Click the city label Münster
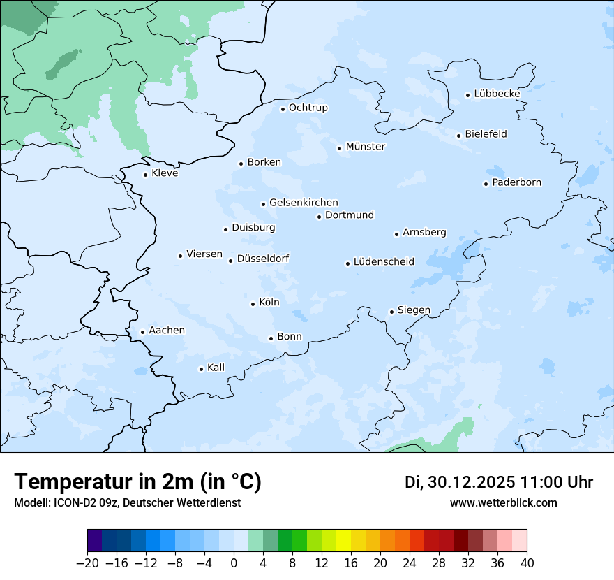point(365,147)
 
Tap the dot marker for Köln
point(253,304)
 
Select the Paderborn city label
point(516,182)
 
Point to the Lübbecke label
point(497,94)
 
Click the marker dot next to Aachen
point(142,333)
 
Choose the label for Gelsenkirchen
point(304,203)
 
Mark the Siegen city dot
point(391,312)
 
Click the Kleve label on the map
point(165,173)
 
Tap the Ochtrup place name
point(308,108)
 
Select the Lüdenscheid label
point(384,262)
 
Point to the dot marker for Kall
point(201,369)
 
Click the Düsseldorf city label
point(263,259)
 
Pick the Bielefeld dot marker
point(458,136)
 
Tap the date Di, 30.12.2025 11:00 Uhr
point(499,482)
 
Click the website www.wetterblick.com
point(503,502)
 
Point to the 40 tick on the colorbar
point(527,563)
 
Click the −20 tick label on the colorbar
point(87,563)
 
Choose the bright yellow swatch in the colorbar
point(343,541)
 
